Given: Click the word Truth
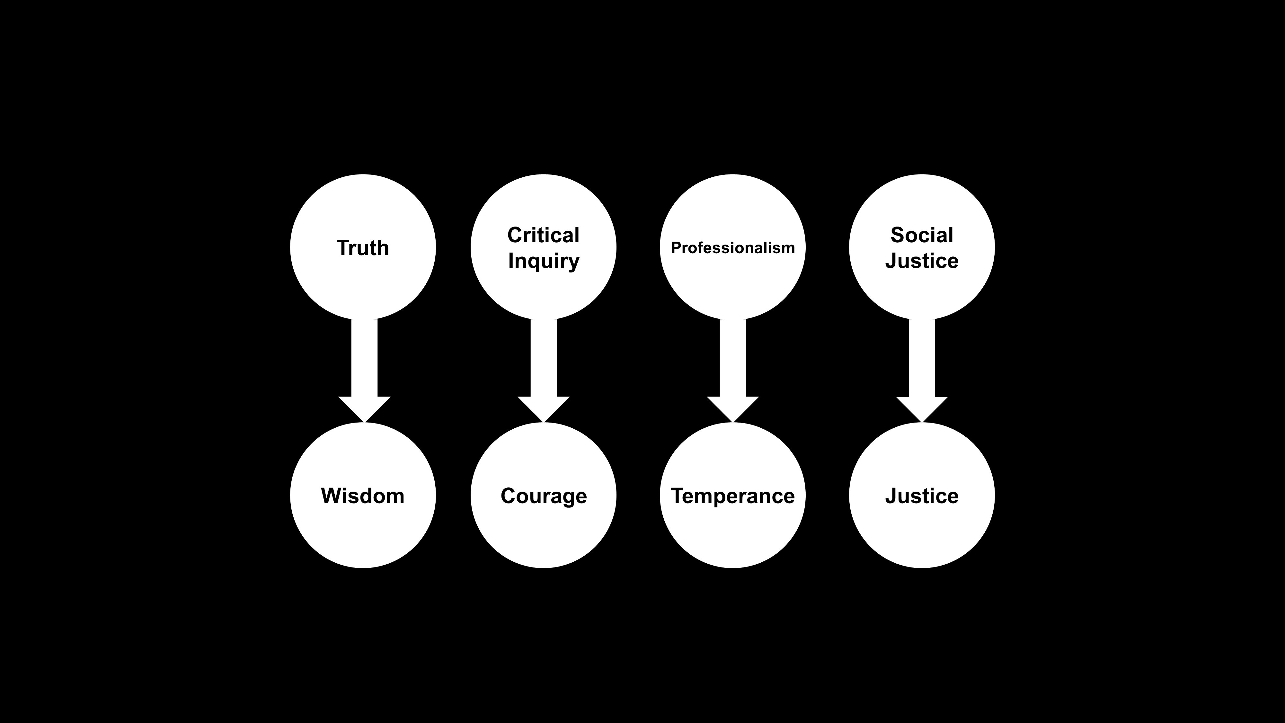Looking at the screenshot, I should (363, 248).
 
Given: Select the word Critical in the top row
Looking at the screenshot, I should (543, 235).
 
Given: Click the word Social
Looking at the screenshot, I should (921, 235).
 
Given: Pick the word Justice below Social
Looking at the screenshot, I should (921, 261).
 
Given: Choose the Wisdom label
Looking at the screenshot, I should (363, 496).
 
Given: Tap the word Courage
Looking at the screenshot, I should (543, 496).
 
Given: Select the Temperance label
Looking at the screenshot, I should (732, 496).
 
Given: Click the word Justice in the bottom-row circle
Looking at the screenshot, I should (921, 496).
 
